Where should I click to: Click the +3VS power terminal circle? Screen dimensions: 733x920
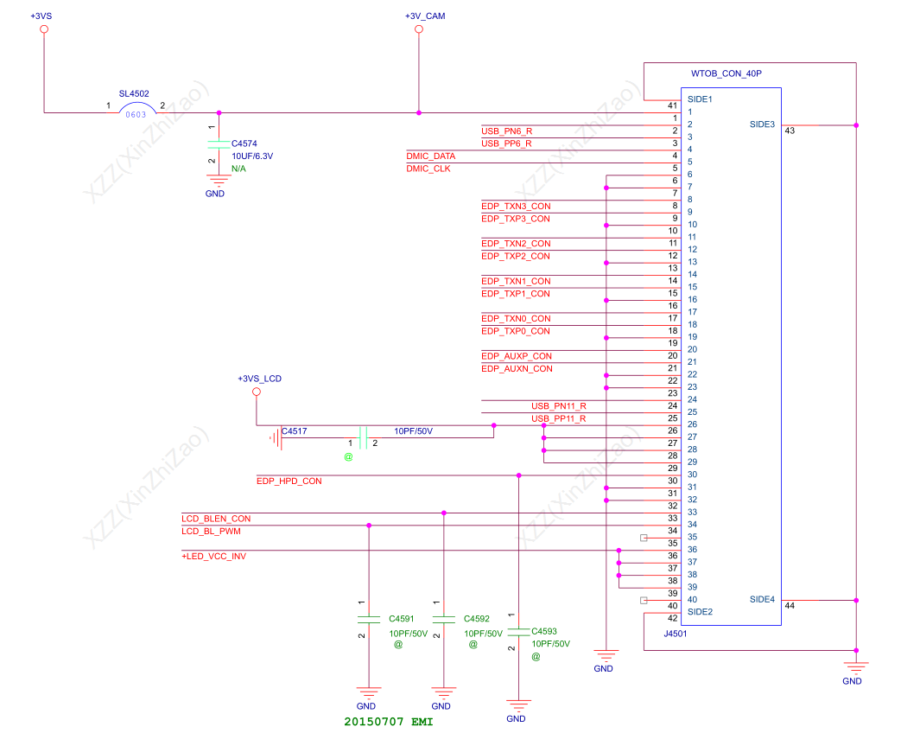click(44, 29)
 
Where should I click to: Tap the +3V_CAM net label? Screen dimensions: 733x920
click(425, 16)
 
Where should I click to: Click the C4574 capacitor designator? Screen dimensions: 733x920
click(244, 143)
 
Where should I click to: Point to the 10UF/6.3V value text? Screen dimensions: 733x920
click(252, 156)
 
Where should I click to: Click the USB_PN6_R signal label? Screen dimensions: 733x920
click(506, 131)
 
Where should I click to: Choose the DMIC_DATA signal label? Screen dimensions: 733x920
click(430, 156)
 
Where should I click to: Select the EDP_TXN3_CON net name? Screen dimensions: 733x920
click(515, 206)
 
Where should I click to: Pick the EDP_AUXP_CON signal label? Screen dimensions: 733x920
click(516, 356)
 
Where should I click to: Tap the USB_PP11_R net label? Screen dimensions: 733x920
click(558, 418)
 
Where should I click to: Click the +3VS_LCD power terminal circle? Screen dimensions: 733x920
click(256, 392)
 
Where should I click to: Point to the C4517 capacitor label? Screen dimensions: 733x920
click(294, 430)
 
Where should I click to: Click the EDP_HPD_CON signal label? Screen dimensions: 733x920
click(289, 481)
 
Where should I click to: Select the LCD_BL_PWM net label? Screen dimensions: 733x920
click(211, 531)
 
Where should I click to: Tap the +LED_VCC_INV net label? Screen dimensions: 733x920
click(213, 556)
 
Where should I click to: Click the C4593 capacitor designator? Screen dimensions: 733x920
click(544, 631)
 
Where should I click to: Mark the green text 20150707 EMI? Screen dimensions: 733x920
click(388, 721)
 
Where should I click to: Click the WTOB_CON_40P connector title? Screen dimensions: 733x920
click(726, 74)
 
